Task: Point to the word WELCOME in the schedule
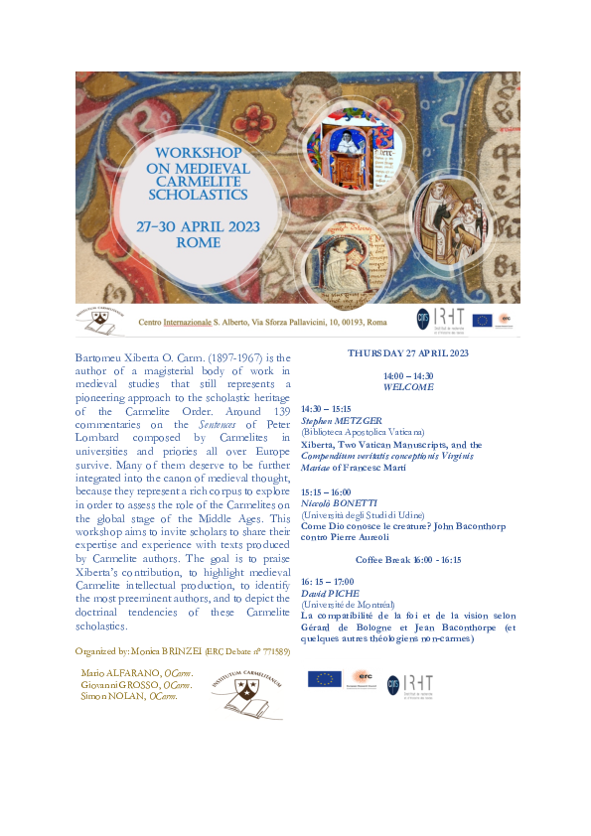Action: pos(407,387)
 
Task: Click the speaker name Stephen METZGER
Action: pos(341,420)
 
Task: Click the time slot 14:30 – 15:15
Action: pos(327,408)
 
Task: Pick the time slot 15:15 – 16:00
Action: pos(327,490)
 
